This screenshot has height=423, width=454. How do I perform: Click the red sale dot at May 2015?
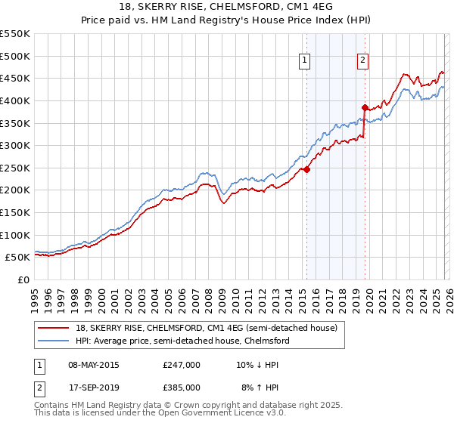tap(307, 170)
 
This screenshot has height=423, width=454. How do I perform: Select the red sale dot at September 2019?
tap(365, 107)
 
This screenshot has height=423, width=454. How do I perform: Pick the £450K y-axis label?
tap(15, 78)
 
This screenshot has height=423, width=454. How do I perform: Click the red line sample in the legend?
tap(54, 328)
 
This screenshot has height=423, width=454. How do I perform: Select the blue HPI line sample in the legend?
tap(54, 341)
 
